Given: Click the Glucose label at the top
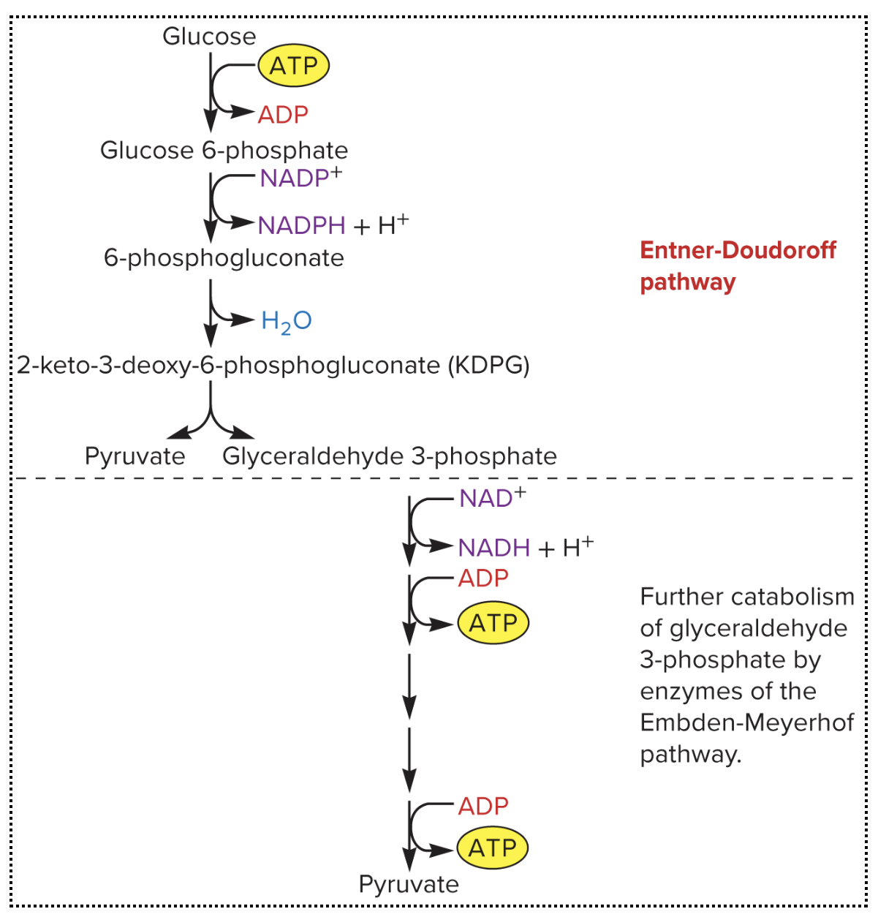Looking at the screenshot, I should point(209,37).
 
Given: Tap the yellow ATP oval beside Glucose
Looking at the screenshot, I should point(293,66).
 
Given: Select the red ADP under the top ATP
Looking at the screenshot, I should point(283,115).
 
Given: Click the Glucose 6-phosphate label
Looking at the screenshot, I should point(224,151).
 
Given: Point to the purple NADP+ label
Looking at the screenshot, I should point(300,178).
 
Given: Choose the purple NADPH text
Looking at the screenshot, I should point(301,225).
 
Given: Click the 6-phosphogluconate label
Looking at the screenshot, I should point(224,258).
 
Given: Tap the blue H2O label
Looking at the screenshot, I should point(287,321).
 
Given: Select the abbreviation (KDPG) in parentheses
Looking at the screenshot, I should point(489,365).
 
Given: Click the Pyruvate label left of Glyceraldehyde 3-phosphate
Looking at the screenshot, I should point(135,456).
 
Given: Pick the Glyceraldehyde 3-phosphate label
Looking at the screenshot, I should point(390,456).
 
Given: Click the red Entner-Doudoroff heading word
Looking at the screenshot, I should point(738,250).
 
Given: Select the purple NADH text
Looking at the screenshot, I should point(493,548).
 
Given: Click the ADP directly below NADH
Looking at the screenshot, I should point(483,578).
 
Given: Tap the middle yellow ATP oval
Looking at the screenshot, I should point(493,623).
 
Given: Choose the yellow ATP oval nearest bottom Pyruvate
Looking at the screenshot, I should point(492,848).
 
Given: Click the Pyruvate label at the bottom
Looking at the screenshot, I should point(409,885).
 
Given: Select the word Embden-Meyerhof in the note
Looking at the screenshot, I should point(746,723).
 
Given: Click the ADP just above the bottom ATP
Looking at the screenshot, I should point(483,806).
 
